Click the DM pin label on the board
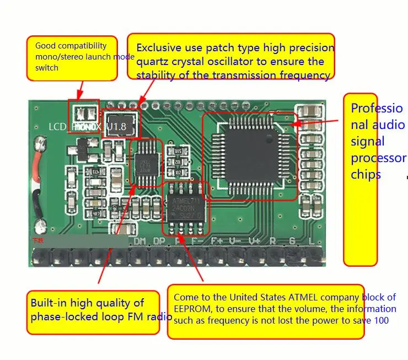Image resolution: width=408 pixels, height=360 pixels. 140,241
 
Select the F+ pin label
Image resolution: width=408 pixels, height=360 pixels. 216,241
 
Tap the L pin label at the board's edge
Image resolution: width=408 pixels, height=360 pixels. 312,241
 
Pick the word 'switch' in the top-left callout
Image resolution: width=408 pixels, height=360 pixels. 47,67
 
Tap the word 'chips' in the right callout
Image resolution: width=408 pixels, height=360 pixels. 366,174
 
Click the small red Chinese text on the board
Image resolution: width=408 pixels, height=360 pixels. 37,241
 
